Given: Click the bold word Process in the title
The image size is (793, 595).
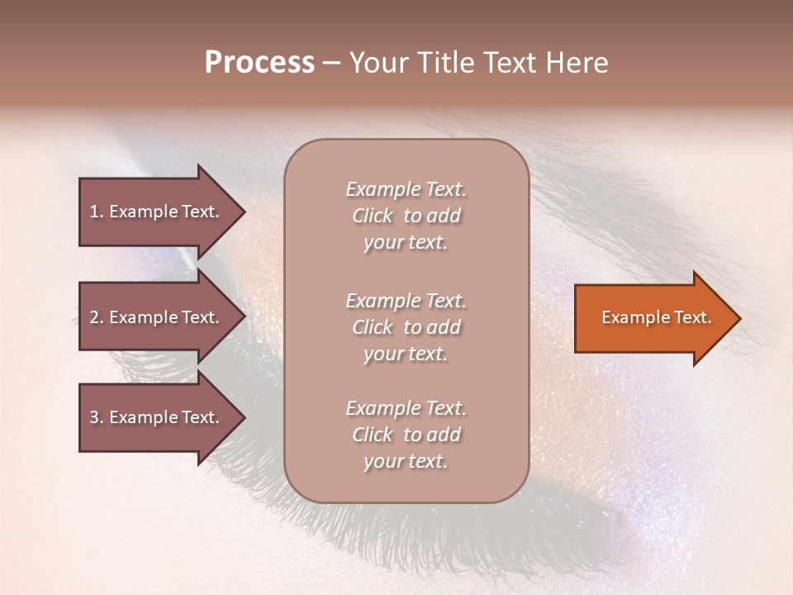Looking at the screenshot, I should (259, 63).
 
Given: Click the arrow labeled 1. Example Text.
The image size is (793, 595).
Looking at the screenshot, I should (157, 212).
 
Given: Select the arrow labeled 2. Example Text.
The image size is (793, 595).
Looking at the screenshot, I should (157, 317).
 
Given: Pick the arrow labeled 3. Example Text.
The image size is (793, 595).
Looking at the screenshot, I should (157, 417).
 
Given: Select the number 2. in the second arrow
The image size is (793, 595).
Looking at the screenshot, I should (97, 317).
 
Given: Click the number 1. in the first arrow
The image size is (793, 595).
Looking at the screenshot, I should (97, 212).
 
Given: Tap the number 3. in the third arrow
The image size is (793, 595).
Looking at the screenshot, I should (97, 417).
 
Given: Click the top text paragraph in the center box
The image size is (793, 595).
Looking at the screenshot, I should (406, 216).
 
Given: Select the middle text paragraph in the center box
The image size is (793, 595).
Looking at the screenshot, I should (406, 327).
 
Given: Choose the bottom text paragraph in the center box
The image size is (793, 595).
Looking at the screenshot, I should (406, 435).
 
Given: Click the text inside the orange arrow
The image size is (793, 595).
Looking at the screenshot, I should (656, 317).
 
